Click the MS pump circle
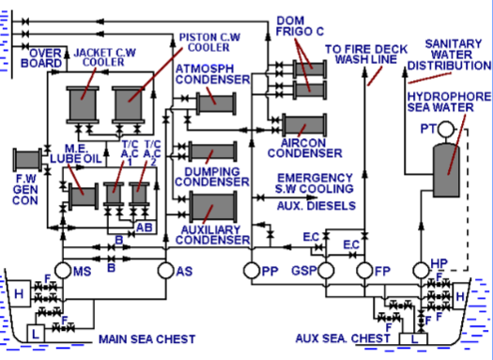[63, 271]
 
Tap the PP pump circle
[252, 271]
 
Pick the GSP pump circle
[328, 271]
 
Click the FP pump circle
[366, 271]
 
